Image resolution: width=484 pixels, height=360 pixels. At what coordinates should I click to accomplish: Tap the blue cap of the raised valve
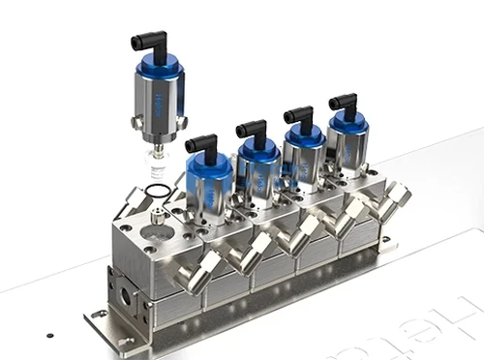point(159,68)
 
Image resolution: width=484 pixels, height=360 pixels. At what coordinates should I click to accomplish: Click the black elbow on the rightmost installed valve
point(345,101)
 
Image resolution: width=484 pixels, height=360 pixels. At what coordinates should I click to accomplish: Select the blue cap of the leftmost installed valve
point(208,167)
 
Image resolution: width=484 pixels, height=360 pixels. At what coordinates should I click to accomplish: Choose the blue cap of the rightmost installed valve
point(346,122)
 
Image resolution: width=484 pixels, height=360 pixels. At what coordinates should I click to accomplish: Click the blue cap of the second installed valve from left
point(258,150)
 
